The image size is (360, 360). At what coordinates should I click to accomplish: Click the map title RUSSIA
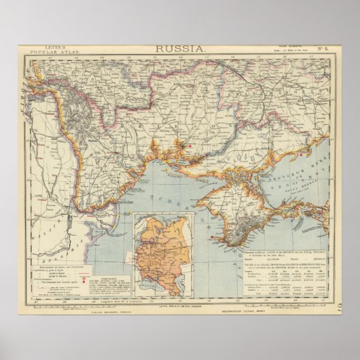pos(180,48)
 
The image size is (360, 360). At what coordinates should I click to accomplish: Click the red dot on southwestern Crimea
pos(214,236)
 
